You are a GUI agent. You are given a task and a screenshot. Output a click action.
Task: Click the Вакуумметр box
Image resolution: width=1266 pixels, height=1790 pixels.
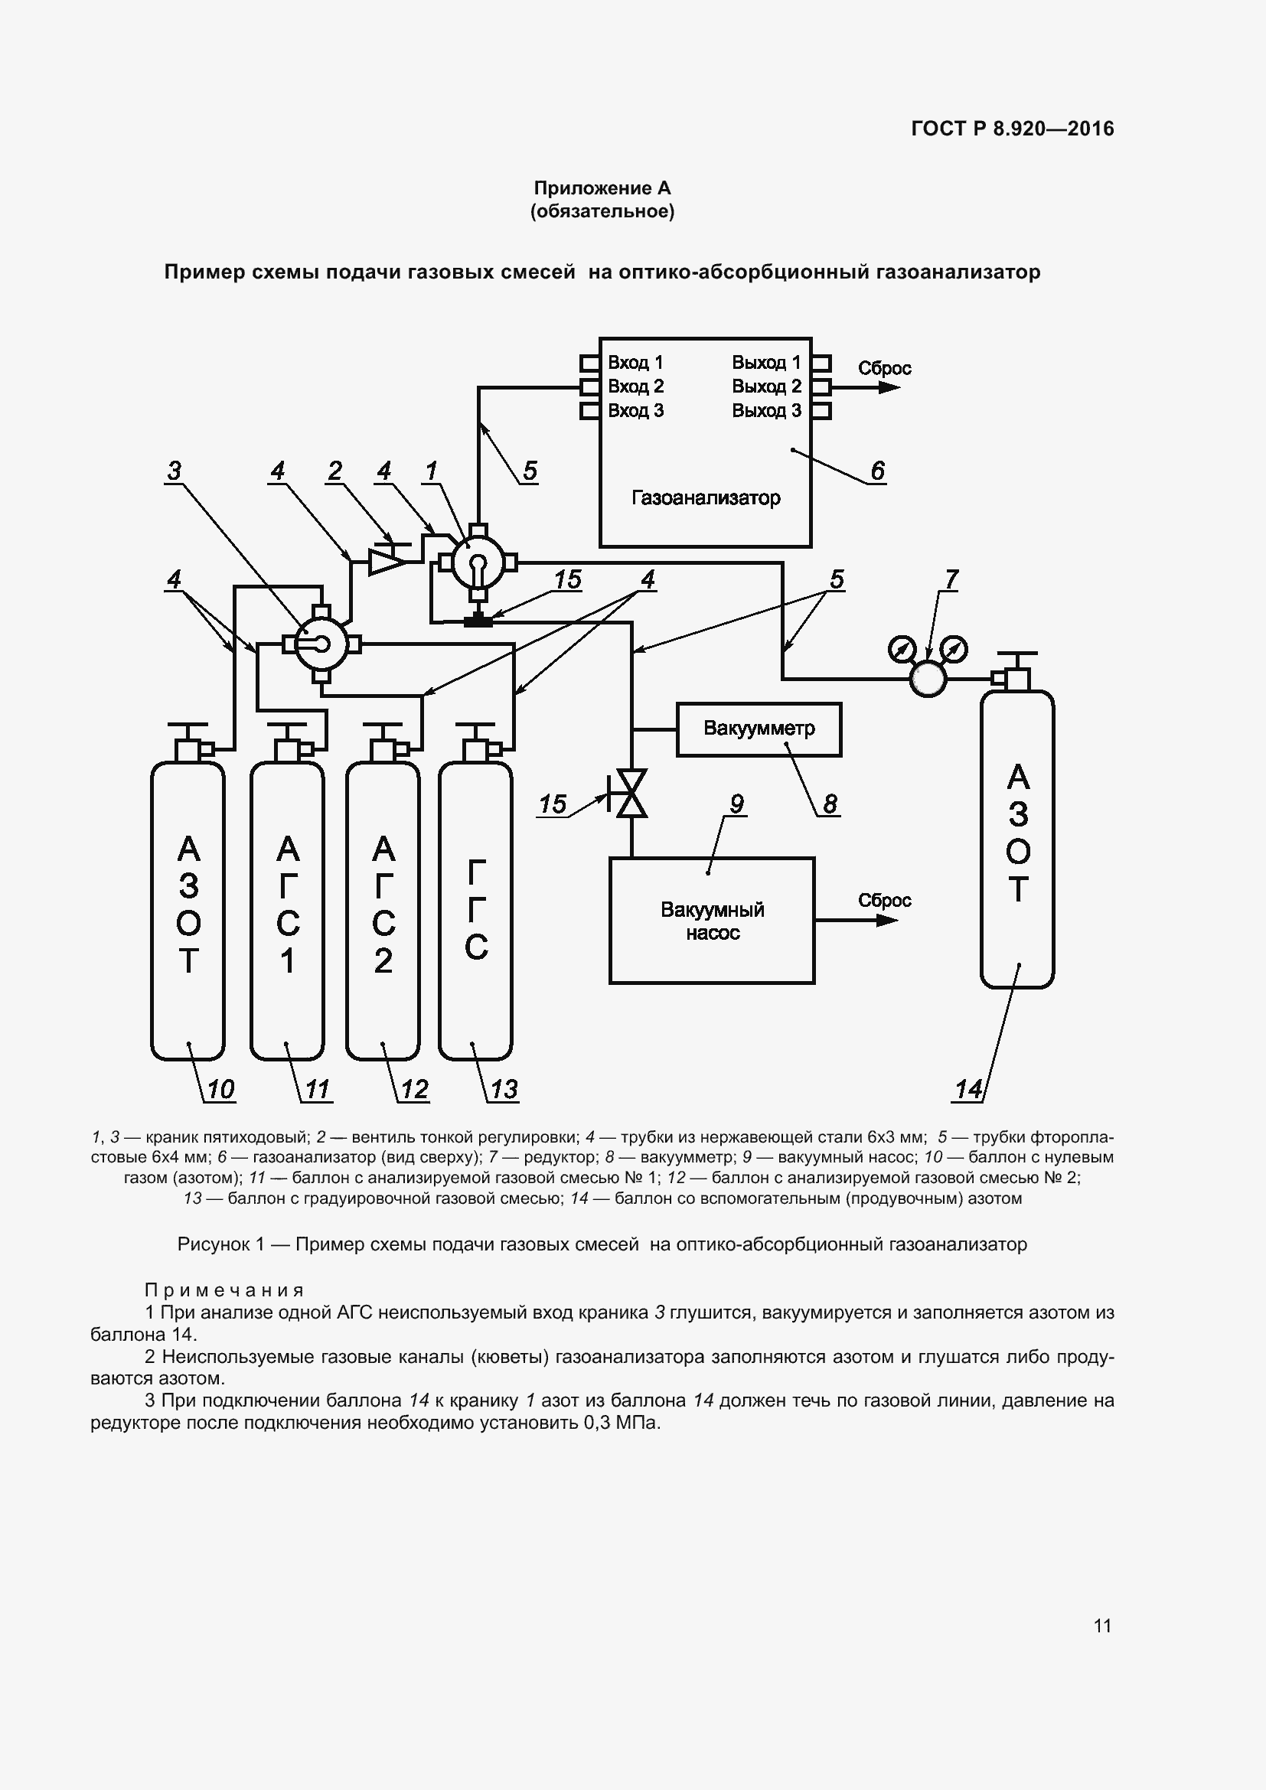pos(759,729)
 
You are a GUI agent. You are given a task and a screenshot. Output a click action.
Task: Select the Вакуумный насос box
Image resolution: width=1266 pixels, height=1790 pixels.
pos(712,920)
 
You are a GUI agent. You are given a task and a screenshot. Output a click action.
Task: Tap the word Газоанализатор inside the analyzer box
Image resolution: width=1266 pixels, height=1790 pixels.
pos(706,497)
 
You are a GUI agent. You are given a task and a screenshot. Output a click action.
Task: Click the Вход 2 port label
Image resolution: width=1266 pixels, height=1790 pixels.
pos(635,386)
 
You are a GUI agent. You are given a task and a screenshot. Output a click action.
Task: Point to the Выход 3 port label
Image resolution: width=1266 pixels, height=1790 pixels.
pos(766,411)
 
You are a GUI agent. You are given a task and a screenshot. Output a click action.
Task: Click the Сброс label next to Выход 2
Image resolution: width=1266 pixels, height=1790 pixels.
pos(884,368)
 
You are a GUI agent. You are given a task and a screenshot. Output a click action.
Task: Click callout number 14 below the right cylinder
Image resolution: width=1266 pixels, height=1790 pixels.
pos(968,1089)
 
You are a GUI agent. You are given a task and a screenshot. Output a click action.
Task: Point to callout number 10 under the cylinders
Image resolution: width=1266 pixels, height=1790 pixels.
pos(220,1089)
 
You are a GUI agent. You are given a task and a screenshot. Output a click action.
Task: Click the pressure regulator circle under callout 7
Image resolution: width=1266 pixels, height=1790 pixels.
pos(928,678)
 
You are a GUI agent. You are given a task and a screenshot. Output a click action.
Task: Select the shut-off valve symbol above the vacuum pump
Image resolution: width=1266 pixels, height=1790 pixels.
pos(631,793)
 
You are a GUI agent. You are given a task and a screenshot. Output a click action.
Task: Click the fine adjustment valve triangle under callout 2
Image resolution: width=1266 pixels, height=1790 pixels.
pos(385,561)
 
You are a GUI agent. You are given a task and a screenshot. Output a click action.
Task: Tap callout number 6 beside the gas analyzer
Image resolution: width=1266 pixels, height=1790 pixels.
pos(878,470)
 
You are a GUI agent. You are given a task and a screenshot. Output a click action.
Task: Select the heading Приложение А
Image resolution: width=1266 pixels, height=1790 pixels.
pos(602,188)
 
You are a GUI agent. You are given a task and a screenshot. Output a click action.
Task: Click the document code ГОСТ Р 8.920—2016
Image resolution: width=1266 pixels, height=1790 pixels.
pos(1012,129)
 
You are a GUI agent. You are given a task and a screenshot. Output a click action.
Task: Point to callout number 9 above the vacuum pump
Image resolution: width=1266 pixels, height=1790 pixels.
pos(736,803)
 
